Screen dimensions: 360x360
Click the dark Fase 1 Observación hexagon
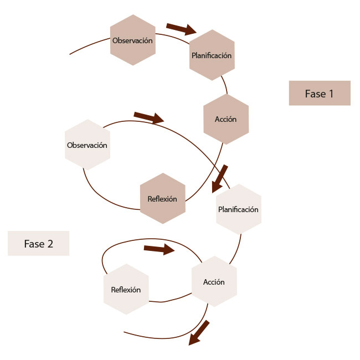click(132, 40)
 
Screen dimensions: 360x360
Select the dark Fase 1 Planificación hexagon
click(212, 55)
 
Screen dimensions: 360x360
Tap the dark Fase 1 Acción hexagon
click(226, 119)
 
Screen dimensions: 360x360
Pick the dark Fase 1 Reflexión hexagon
click(162, 199)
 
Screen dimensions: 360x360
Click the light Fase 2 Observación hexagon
click(87, 145)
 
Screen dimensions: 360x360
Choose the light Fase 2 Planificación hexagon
click(238, 209)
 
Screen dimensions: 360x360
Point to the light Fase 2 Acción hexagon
click(214, 282)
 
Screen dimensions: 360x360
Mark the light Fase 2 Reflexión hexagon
click(126, 290)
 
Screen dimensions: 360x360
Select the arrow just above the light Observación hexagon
click(149, 117)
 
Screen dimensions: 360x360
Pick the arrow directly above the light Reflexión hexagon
click(159, 249)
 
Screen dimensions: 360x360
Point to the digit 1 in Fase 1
click(331, 94)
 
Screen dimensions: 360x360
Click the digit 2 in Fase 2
click(50, 244)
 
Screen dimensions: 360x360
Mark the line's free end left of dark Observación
click(70, 54)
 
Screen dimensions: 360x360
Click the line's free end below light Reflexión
click(125, 332)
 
